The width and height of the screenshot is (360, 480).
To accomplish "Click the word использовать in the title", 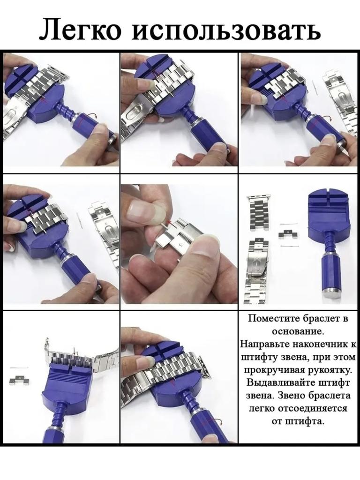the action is (226, 30).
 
